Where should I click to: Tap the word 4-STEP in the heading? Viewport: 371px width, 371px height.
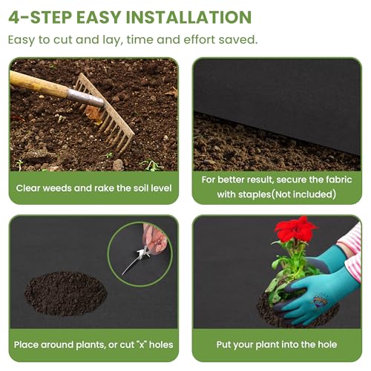(40, 17)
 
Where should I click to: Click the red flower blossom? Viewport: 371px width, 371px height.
(295, 229)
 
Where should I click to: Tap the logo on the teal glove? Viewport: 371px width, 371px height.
(321, 301)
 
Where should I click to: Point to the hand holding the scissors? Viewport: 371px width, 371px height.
(155, 239)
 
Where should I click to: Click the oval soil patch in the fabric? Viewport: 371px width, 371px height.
(65, 294)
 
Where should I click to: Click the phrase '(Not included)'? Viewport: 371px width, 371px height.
(304, 194)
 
